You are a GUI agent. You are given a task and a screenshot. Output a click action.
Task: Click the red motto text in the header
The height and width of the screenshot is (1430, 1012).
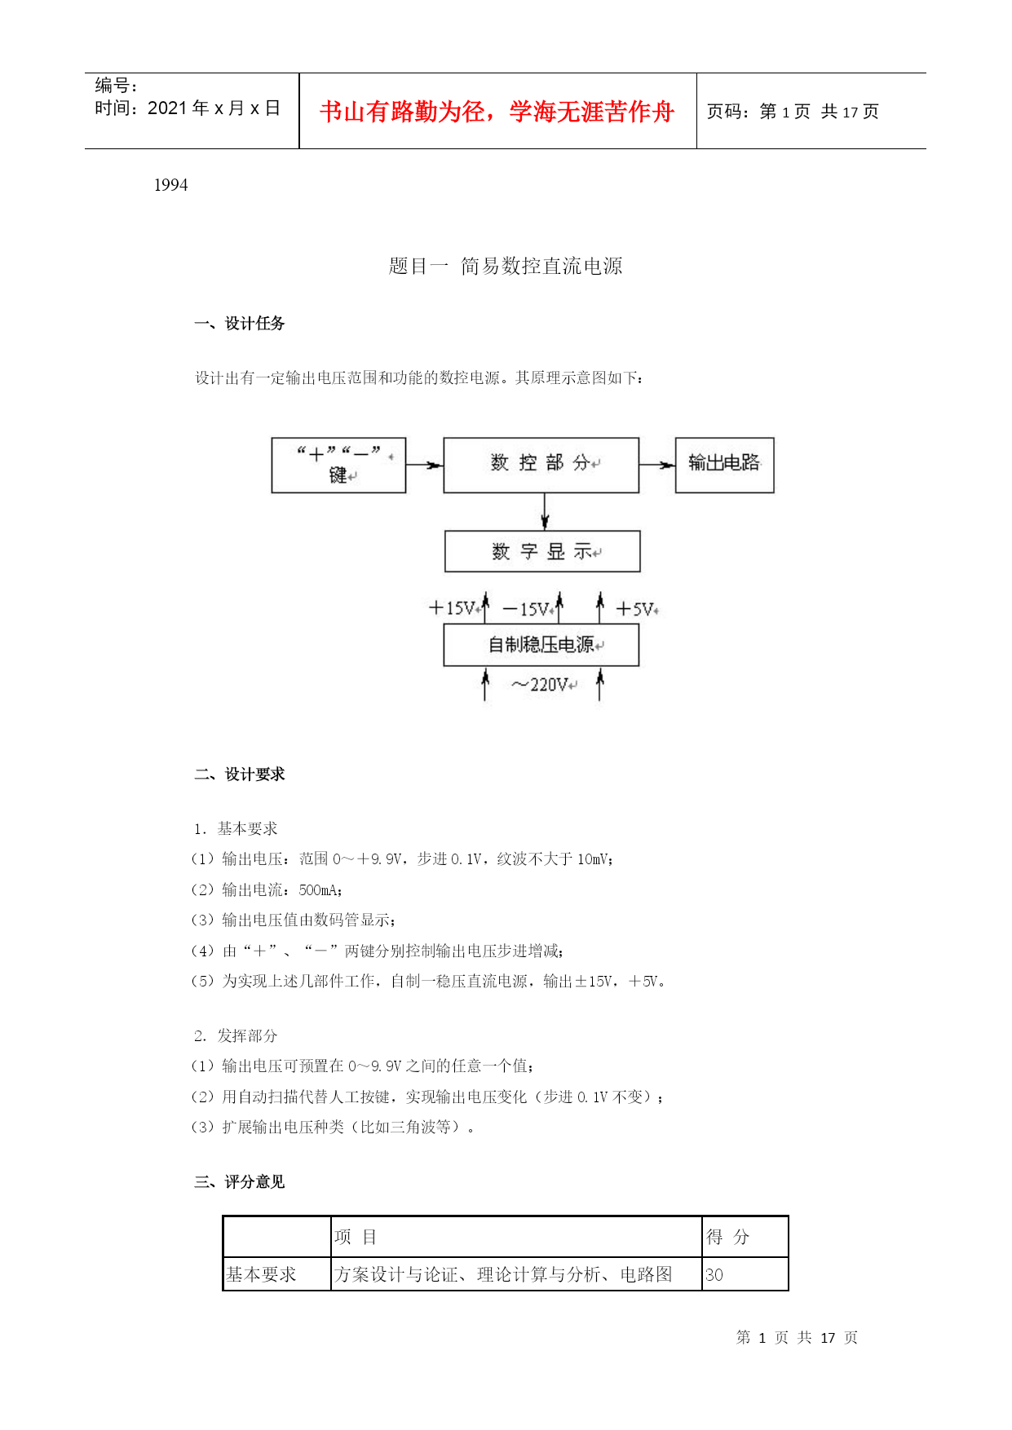497,112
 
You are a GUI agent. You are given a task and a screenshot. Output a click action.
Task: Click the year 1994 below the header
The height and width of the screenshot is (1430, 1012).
171,185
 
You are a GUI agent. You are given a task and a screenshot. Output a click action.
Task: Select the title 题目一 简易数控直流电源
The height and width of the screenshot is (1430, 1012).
506,266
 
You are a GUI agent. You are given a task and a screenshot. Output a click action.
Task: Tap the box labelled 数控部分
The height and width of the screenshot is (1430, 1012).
541,465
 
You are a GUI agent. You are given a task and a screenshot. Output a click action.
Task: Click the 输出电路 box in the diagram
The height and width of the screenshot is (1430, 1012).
724,465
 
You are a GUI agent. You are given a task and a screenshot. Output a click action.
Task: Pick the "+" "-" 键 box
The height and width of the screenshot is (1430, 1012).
338,465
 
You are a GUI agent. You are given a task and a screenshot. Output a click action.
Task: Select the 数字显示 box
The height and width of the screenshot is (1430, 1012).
542,552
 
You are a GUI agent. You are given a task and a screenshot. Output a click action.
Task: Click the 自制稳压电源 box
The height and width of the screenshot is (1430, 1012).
541,645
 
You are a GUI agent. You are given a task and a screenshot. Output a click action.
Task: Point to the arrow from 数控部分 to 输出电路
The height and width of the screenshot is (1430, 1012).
657,465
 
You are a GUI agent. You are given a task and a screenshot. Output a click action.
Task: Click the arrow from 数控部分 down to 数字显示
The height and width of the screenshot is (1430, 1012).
545,512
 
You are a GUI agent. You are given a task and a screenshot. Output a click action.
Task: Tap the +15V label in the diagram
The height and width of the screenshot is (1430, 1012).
453,608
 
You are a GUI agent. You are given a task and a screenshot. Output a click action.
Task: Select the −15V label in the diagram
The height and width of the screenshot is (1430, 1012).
527,609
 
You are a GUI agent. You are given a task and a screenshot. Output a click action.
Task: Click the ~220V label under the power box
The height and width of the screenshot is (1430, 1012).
542,685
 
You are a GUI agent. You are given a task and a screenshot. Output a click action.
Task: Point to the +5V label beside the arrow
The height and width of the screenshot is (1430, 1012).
636,609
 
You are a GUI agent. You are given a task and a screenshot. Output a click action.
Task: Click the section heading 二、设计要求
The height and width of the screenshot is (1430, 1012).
240,775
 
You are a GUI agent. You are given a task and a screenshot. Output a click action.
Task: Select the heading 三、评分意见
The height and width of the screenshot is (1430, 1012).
240,1182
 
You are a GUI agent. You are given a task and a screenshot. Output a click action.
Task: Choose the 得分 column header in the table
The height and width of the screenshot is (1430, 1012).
727,1237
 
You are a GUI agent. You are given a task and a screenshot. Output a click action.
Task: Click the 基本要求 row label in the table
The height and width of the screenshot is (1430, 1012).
261,1275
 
